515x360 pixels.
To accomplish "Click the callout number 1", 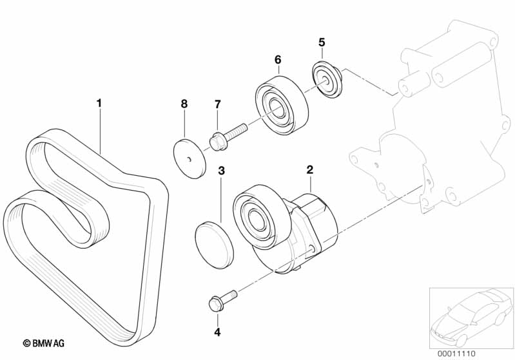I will pos(99,102).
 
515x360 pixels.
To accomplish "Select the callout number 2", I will pos(309,170).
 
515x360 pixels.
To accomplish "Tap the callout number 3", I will pos(220,171).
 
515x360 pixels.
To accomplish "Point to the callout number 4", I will pos(217,332).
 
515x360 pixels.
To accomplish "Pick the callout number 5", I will pos(322,43).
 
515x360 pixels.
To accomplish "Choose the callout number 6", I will pos(278,59).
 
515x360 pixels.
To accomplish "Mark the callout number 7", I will pos(217,104).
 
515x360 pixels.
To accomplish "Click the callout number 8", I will pos(184,104).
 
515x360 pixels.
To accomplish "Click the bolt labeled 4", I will pos(220,300).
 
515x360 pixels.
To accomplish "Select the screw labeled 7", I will pos(227,137).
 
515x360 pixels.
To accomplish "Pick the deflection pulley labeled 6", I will pos(282,106).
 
